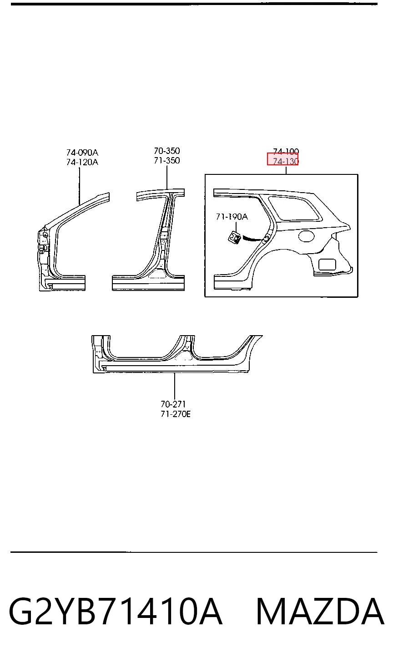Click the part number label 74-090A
tap(82, 153)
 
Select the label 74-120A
tap(82, 162)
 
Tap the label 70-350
tap(167, 151)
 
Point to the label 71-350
tap(167, 160)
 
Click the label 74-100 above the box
tap(286, 152)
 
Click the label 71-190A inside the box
tap(232, 217)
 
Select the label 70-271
tap(173, 404)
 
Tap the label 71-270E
tap(176, 414)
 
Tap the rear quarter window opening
tap(295, 208)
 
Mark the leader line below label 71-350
tap(167, 177)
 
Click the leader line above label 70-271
tap(175, 386)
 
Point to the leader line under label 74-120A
tap(80, 186)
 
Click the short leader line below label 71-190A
tap(236, 227)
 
